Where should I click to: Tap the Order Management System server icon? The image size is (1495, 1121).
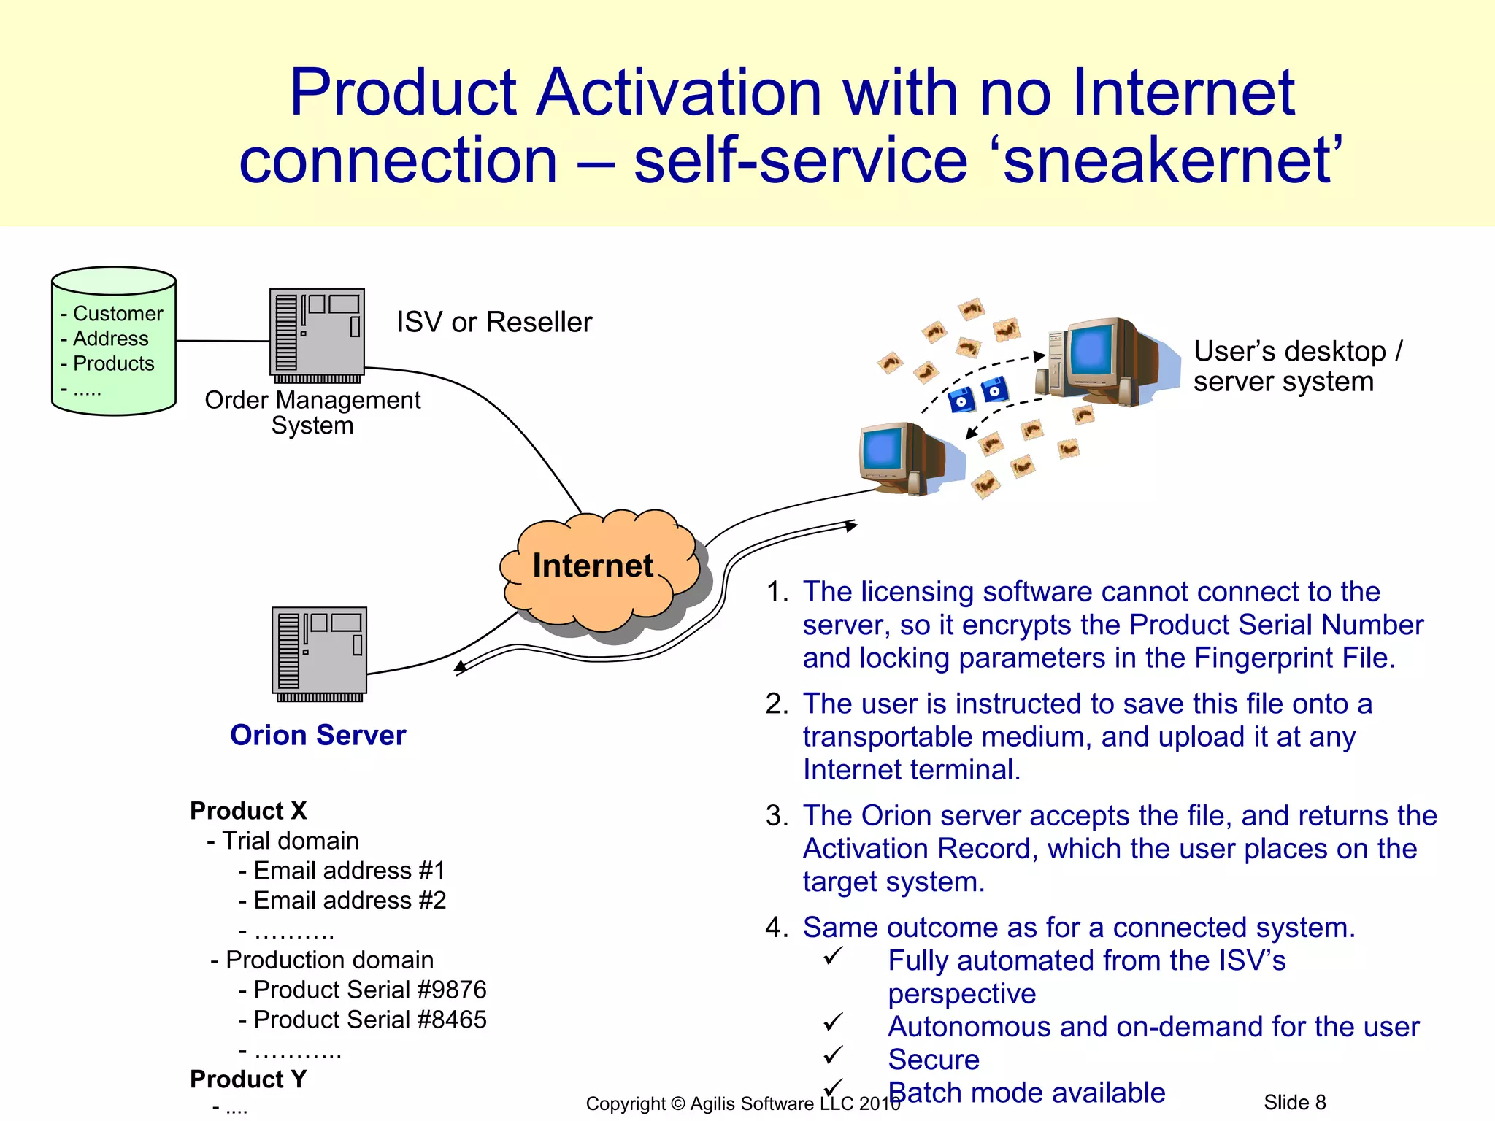pyautogui.click(x=317, y=334)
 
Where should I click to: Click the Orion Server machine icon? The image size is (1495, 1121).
pyautogui.click(x=319, y=652)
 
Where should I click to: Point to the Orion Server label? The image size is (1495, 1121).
pyautogui.click(x=318, y=735)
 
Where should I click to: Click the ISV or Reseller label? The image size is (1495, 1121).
pyautogui.click(x=494, y=322)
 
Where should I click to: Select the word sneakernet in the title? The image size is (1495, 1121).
pyautogui.click(x=1168, y=161)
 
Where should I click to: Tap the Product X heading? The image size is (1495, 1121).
pyautogui.click(x=248, y=811)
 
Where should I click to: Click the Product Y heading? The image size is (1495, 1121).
pyautogui.click(x=248, y=1079)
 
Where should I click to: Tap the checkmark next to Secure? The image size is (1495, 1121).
pyautogui.click(x=833, y=1055)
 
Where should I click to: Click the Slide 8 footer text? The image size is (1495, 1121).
pyautogui.click(x=1294, y=1102)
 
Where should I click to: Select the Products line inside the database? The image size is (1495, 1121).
pyautogui.click(x=113, y=363)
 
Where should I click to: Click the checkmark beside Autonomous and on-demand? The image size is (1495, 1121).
pyautogui.click(x=833, y=1022)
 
